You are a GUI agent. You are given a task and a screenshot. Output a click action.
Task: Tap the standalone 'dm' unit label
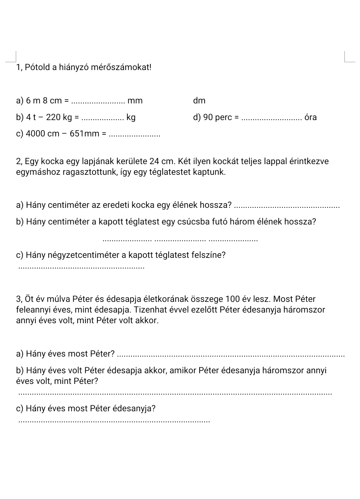[x=199, y=101]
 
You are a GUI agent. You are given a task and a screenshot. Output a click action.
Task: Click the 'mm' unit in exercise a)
[x=135, y=101]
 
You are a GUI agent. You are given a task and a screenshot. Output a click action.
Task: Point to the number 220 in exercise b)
[x=53, y=117]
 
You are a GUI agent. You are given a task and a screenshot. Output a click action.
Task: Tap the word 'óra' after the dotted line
[x=310, y=117]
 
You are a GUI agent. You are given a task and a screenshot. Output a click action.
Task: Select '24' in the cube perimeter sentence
[x=154, y=161]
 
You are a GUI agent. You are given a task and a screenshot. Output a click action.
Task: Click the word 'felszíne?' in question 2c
[x=209, y=255]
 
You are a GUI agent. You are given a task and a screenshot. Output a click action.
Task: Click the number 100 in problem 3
[x=232, y=299]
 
